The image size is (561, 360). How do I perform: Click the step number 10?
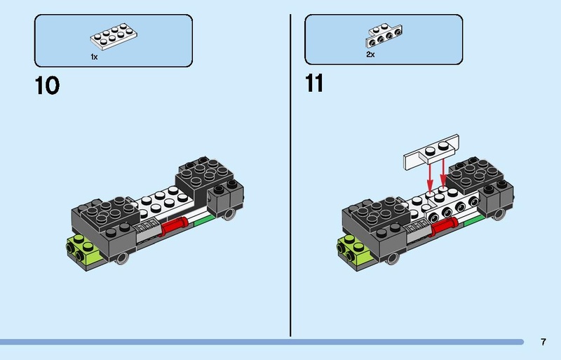tap(47, 86)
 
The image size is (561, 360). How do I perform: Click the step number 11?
tap(314, 84)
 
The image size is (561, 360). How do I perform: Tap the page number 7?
tap(543, 342)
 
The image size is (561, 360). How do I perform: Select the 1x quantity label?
tap(94, 56)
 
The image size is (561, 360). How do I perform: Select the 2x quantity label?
tap(370, 54)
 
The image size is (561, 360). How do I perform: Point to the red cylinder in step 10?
tap(175, 226)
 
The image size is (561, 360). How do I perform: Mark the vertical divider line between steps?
tap(290, 175)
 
